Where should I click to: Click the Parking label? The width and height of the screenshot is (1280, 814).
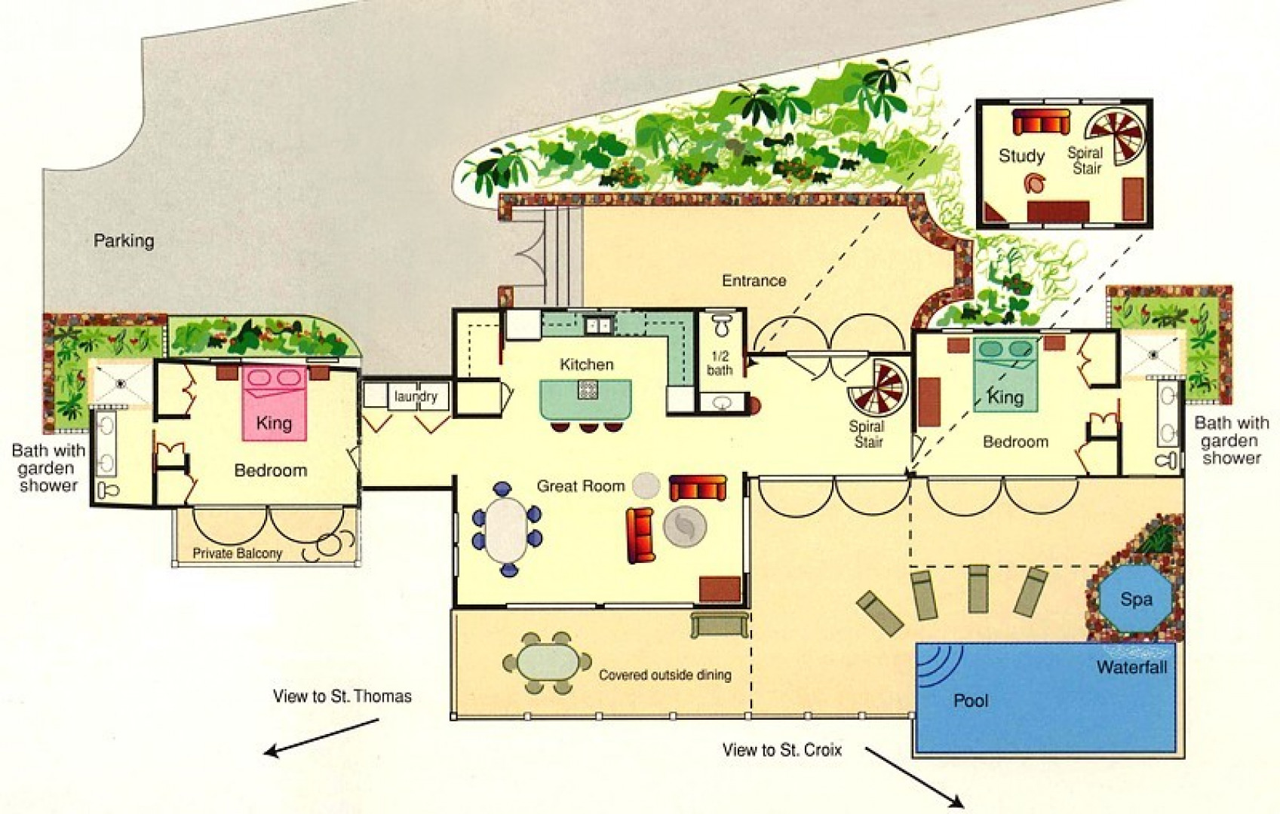(124, 241)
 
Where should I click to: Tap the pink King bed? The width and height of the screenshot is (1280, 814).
(275, 403)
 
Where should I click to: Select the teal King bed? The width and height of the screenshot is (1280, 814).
(1005, 375)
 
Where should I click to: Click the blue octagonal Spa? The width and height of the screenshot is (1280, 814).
(1136, 599)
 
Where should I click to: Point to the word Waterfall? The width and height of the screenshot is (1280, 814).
(1131, 667)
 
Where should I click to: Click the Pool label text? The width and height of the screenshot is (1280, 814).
(971, 700)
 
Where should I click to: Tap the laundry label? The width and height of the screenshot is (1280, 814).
(416, 396)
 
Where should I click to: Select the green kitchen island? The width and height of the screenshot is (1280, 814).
(586, 399)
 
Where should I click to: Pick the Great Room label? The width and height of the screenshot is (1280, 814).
(581, 486)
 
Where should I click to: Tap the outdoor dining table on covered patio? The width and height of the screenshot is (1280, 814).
(548, 663)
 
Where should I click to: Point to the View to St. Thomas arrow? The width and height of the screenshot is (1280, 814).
(322, 738)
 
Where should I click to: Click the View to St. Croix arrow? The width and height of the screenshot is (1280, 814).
(913, 777)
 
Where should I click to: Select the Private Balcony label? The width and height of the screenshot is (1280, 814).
(237, 553)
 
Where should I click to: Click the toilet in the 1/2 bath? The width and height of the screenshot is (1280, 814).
(723, 324)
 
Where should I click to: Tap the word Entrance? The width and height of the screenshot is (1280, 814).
(754, 281)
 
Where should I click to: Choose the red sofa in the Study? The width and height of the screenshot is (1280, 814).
(1041, 122)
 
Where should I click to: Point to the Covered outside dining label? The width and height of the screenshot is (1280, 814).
(665, 675)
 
